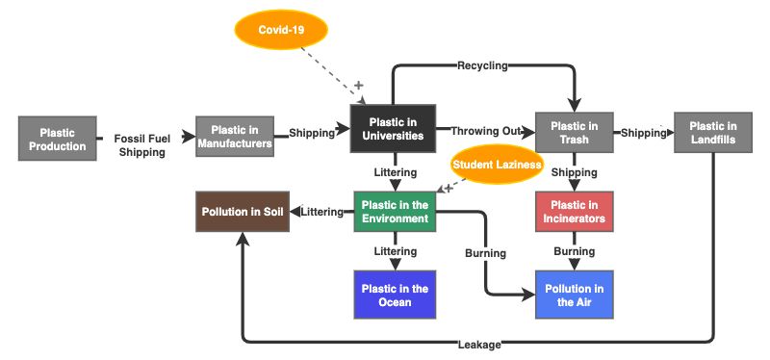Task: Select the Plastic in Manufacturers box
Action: pos(236,138)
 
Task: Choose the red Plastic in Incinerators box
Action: pos(574,212)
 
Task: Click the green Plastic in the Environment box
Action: pos(395,212)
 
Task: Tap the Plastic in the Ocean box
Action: pos(395,295)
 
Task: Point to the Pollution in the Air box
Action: pos(574,295)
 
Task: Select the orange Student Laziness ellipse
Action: pos(496,166)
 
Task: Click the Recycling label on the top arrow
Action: pos(481,66)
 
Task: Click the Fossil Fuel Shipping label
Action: pos(142,145)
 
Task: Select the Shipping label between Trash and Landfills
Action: pos(644,133)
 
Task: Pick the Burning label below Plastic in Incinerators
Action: pos(574,251)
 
